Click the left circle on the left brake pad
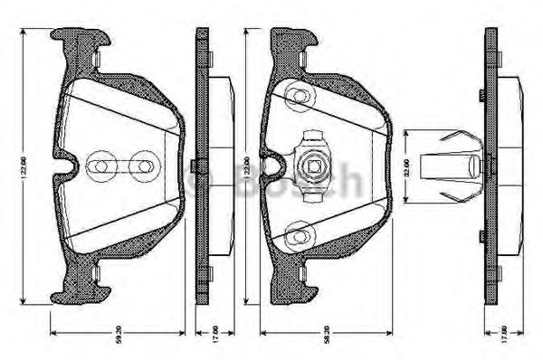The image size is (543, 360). point(97,166)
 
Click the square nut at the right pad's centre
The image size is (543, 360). point(312,166)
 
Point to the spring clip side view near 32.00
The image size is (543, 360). point(452,166)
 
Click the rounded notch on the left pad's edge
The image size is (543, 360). point(65,166)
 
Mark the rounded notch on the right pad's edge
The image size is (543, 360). point(278,166)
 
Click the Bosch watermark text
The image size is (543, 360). point(271,174)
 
